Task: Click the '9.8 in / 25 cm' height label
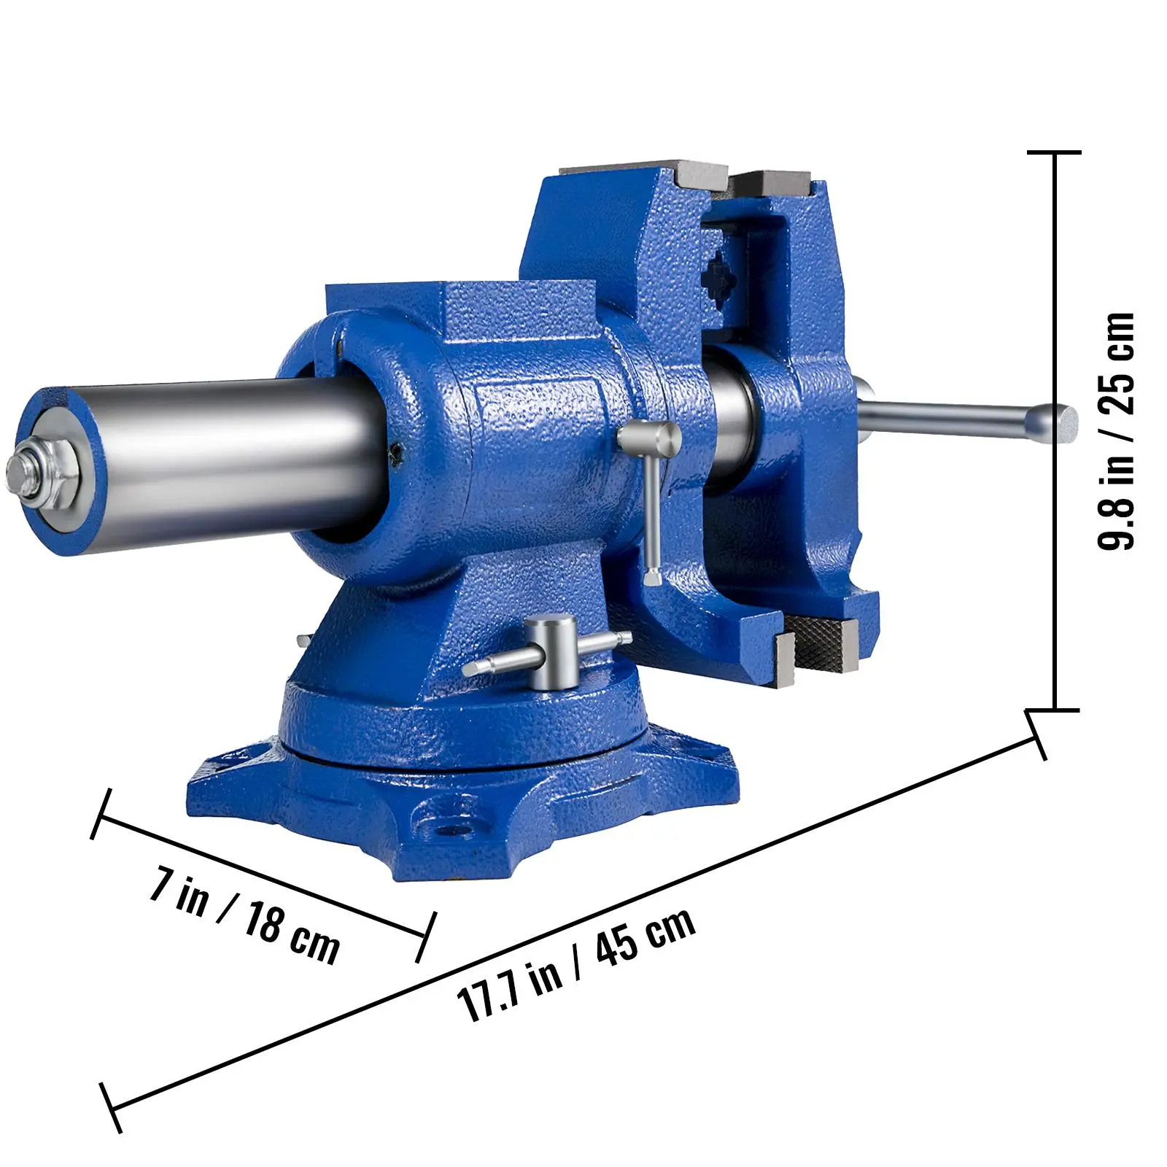pos(1116,430)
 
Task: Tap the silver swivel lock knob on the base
pos(551,652)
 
